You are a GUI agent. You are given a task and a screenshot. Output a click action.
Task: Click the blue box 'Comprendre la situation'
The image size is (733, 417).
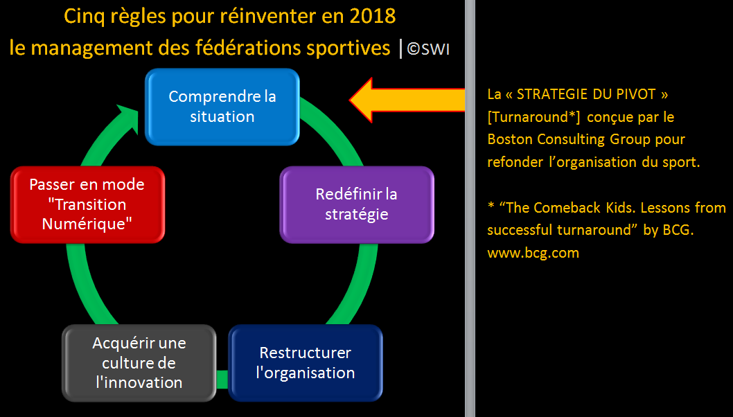pos(222,107)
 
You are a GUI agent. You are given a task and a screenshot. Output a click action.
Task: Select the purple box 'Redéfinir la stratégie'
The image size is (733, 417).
pos(357,204)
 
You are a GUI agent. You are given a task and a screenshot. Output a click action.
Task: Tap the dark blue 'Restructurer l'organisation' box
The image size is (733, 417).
pos(306,363)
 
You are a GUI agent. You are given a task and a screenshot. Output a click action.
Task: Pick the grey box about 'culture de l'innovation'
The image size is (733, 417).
pos(139,363)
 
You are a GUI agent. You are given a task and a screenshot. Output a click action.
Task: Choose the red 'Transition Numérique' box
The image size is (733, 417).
pos(87,204)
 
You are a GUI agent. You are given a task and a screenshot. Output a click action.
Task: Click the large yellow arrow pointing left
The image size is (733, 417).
pos(407,100)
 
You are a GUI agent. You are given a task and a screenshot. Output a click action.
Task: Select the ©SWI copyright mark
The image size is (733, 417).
pos(428,48)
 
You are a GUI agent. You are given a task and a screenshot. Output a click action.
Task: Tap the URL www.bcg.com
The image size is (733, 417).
pos(533,253)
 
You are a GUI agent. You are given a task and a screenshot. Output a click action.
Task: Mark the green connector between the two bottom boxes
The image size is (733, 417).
pos(222,379)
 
